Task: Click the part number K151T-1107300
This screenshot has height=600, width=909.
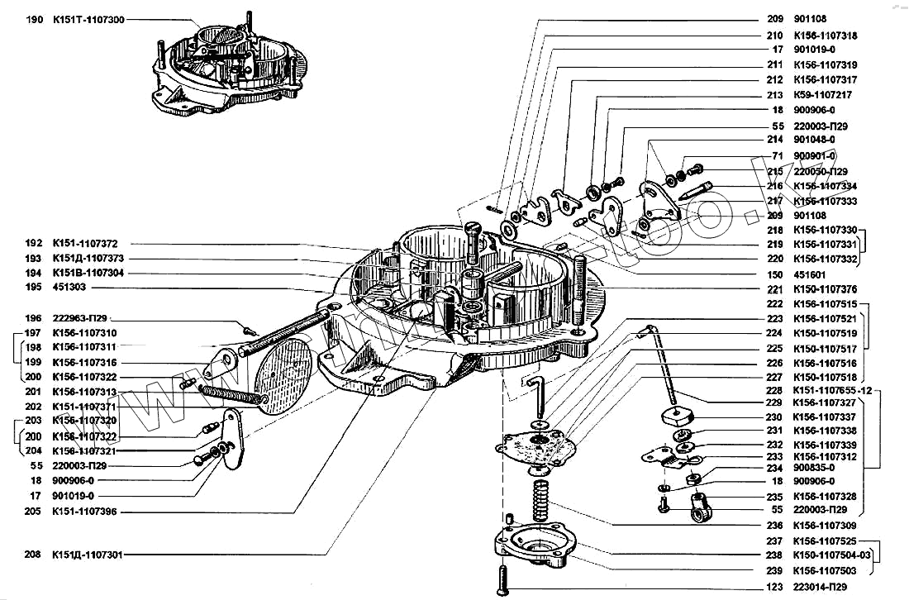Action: tap(88, 19)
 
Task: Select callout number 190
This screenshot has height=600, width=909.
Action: tap(34, 19)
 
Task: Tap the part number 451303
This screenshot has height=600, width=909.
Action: tap(69, 288)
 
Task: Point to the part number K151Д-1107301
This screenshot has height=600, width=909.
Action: tap(88, 555)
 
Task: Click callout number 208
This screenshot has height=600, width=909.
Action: tap(34, 555)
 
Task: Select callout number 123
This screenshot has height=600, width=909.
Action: tap(775, 587)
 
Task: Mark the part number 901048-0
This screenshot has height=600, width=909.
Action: tap(815, 140)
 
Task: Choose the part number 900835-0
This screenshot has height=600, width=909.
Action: tap(815, 466)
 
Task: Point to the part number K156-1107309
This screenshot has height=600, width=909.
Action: tap(825, 526)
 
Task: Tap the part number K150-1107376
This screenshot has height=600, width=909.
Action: tap(825, 289)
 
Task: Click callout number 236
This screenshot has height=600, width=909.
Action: tap(775, 526)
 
